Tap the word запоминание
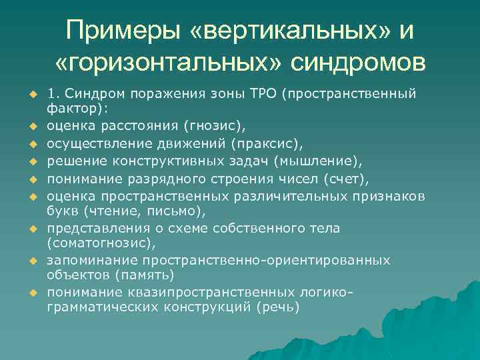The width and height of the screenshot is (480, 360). pos(84,259)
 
